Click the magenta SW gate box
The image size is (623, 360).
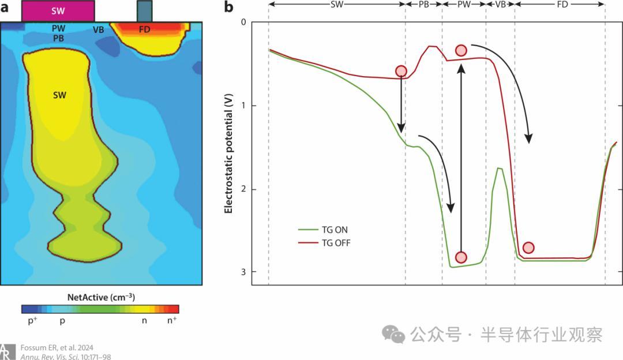pos(58,11)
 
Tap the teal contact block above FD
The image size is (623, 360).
pos(144,11)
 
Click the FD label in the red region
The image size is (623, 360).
pos(144,29)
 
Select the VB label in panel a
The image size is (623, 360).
pos(99,29)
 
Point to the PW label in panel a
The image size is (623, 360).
pos(58,28)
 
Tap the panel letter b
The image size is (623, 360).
pos(228,7)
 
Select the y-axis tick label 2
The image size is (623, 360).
pos(243,189)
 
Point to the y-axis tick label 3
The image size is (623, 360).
pos(243,272)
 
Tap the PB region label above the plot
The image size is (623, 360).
pos(423,4)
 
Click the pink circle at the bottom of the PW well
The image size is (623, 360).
pos(461,257)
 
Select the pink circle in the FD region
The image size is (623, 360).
pos(528,247)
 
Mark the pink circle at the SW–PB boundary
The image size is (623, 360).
pos(401,71)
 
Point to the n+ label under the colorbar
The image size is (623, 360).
pos(172,320)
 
